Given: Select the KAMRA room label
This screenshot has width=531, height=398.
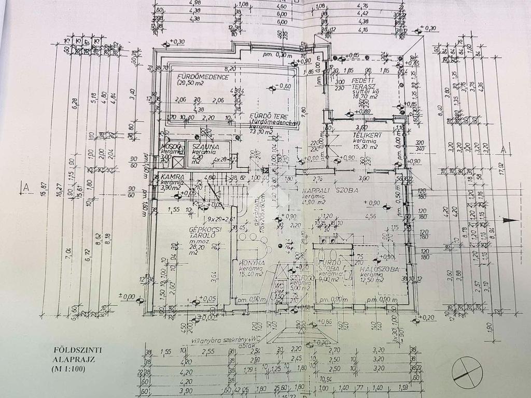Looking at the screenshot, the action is click(162, 177).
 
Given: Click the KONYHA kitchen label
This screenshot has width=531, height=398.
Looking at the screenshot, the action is click(251, 263).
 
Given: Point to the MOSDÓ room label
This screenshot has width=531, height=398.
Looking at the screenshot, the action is click(172, 147).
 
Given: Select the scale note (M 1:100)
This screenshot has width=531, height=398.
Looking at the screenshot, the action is click(68, 369).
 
